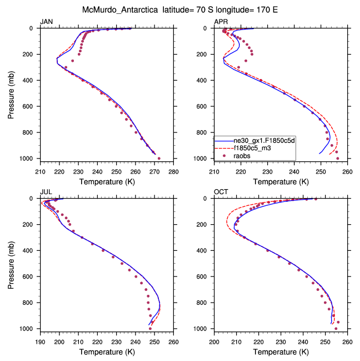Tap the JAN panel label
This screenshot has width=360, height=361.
pyautogui.click(x=47, y=21)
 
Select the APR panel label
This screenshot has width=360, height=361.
pyautogui.click(x=221, y=21)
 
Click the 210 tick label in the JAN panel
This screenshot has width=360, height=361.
pyautogui.click(x=40, y=171)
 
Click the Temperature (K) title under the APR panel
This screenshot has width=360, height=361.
pyautogui.click(x=281, y=181)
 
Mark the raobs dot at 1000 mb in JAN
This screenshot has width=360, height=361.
pyautogui.click(x=159, y=159)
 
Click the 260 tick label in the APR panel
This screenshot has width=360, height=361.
pyautogui.click(x=347, y=171)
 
